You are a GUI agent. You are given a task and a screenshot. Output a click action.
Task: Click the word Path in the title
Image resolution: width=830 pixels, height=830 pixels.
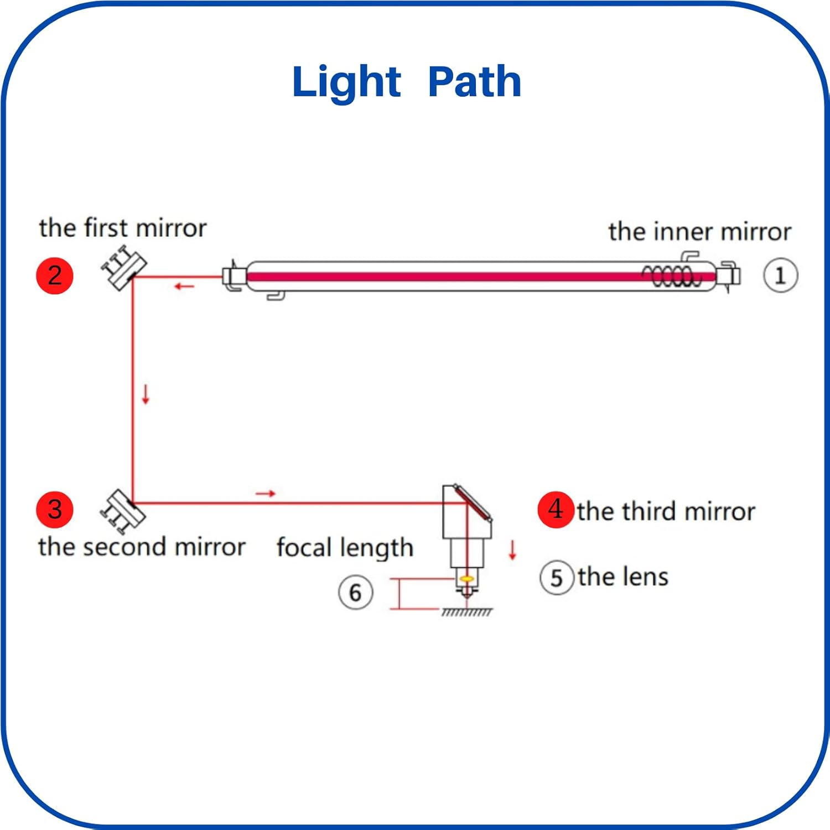[475, 82]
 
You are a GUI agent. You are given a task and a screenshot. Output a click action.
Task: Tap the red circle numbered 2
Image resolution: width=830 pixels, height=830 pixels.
[55, 276]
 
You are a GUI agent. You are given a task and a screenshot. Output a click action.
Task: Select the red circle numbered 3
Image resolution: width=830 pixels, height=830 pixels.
[55, 510]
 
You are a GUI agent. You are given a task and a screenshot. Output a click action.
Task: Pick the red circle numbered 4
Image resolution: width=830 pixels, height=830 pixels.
[556, 510]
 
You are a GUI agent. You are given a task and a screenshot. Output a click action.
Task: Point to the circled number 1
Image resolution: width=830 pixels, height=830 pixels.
[780, 275]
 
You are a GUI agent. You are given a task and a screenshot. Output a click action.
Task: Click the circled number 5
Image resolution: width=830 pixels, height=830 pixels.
[557, 578]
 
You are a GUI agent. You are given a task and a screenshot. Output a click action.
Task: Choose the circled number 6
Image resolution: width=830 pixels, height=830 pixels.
[355, 593]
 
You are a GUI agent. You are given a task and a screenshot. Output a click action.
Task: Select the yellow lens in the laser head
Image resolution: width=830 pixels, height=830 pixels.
[466, 579]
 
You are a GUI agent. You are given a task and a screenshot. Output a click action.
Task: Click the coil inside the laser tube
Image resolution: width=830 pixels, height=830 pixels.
[671, 276]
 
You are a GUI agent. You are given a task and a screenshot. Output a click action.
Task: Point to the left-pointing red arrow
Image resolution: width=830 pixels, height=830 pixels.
[184, 286]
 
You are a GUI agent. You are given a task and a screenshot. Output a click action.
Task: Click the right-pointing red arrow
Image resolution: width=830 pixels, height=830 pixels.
[266, 493]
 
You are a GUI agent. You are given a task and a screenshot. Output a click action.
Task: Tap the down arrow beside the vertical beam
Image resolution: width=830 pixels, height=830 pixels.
[146, 394]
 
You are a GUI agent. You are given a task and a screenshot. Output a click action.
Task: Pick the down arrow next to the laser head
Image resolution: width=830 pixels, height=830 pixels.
[512, 550]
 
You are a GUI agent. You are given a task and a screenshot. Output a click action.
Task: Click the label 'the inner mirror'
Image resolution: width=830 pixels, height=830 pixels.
[700, 231]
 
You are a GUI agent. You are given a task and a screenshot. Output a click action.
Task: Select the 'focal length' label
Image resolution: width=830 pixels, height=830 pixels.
[345, 548]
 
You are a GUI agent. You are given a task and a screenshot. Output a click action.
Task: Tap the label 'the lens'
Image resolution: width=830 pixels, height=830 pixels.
[624, 577]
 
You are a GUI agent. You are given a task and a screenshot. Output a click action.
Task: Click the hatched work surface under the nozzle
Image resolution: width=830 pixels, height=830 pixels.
[466, 612]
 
